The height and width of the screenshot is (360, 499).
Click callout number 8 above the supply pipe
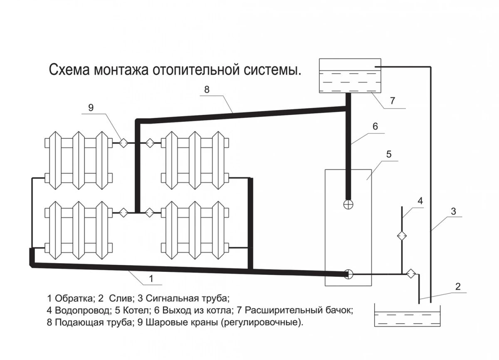pyautogui.click(x=207, y=89)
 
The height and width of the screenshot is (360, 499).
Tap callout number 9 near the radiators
pyautogui.click(x=91, y=108)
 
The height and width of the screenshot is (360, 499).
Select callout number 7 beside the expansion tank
pyautogui.click(x=393, y=101)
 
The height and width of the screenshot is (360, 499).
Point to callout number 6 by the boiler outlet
pyautogui.click(x=375, y=127)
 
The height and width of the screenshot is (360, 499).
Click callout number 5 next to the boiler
pyautogui.click(x=389, y=154)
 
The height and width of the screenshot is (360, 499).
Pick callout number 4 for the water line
pyautogui.click(x=420, y=201)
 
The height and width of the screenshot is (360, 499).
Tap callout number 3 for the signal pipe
pyautogui.click(x=453, y=211)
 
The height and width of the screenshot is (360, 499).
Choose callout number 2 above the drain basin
pyautogui.click(x=458, y=286)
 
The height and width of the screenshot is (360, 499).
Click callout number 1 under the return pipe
pyautogui.click(x=151, y=279)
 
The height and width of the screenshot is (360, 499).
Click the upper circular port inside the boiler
pyautogui.click(x=348, y=204)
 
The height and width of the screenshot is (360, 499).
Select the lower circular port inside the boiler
pyautogui.click(x=348, y=274)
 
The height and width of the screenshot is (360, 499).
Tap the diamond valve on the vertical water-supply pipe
pyautogui.click(x=402, y=236)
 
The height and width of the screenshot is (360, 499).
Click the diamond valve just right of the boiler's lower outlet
pyautogui.click(x=411, y=273)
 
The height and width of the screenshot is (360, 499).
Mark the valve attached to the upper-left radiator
pyautogui.click(x=123, y=143)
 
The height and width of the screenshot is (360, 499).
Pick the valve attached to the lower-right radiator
pyautogui.click(x=150, y=213)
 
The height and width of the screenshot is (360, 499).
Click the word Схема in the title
pyautogui.click(x=69, y=70)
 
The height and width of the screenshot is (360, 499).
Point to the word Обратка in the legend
pyautogui.click(x=75, y=298)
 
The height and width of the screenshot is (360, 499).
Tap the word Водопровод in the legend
pyautogui.click(x=83, y=310)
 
